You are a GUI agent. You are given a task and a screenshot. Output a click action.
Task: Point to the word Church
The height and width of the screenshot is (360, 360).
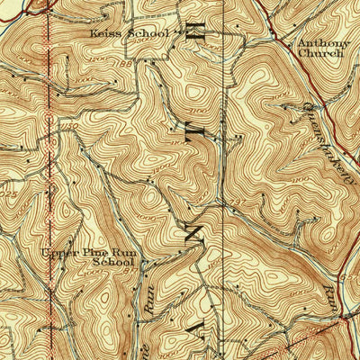pos(321,53)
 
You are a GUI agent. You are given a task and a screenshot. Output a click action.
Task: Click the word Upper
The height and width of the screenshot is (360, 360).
pos(59,253)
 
